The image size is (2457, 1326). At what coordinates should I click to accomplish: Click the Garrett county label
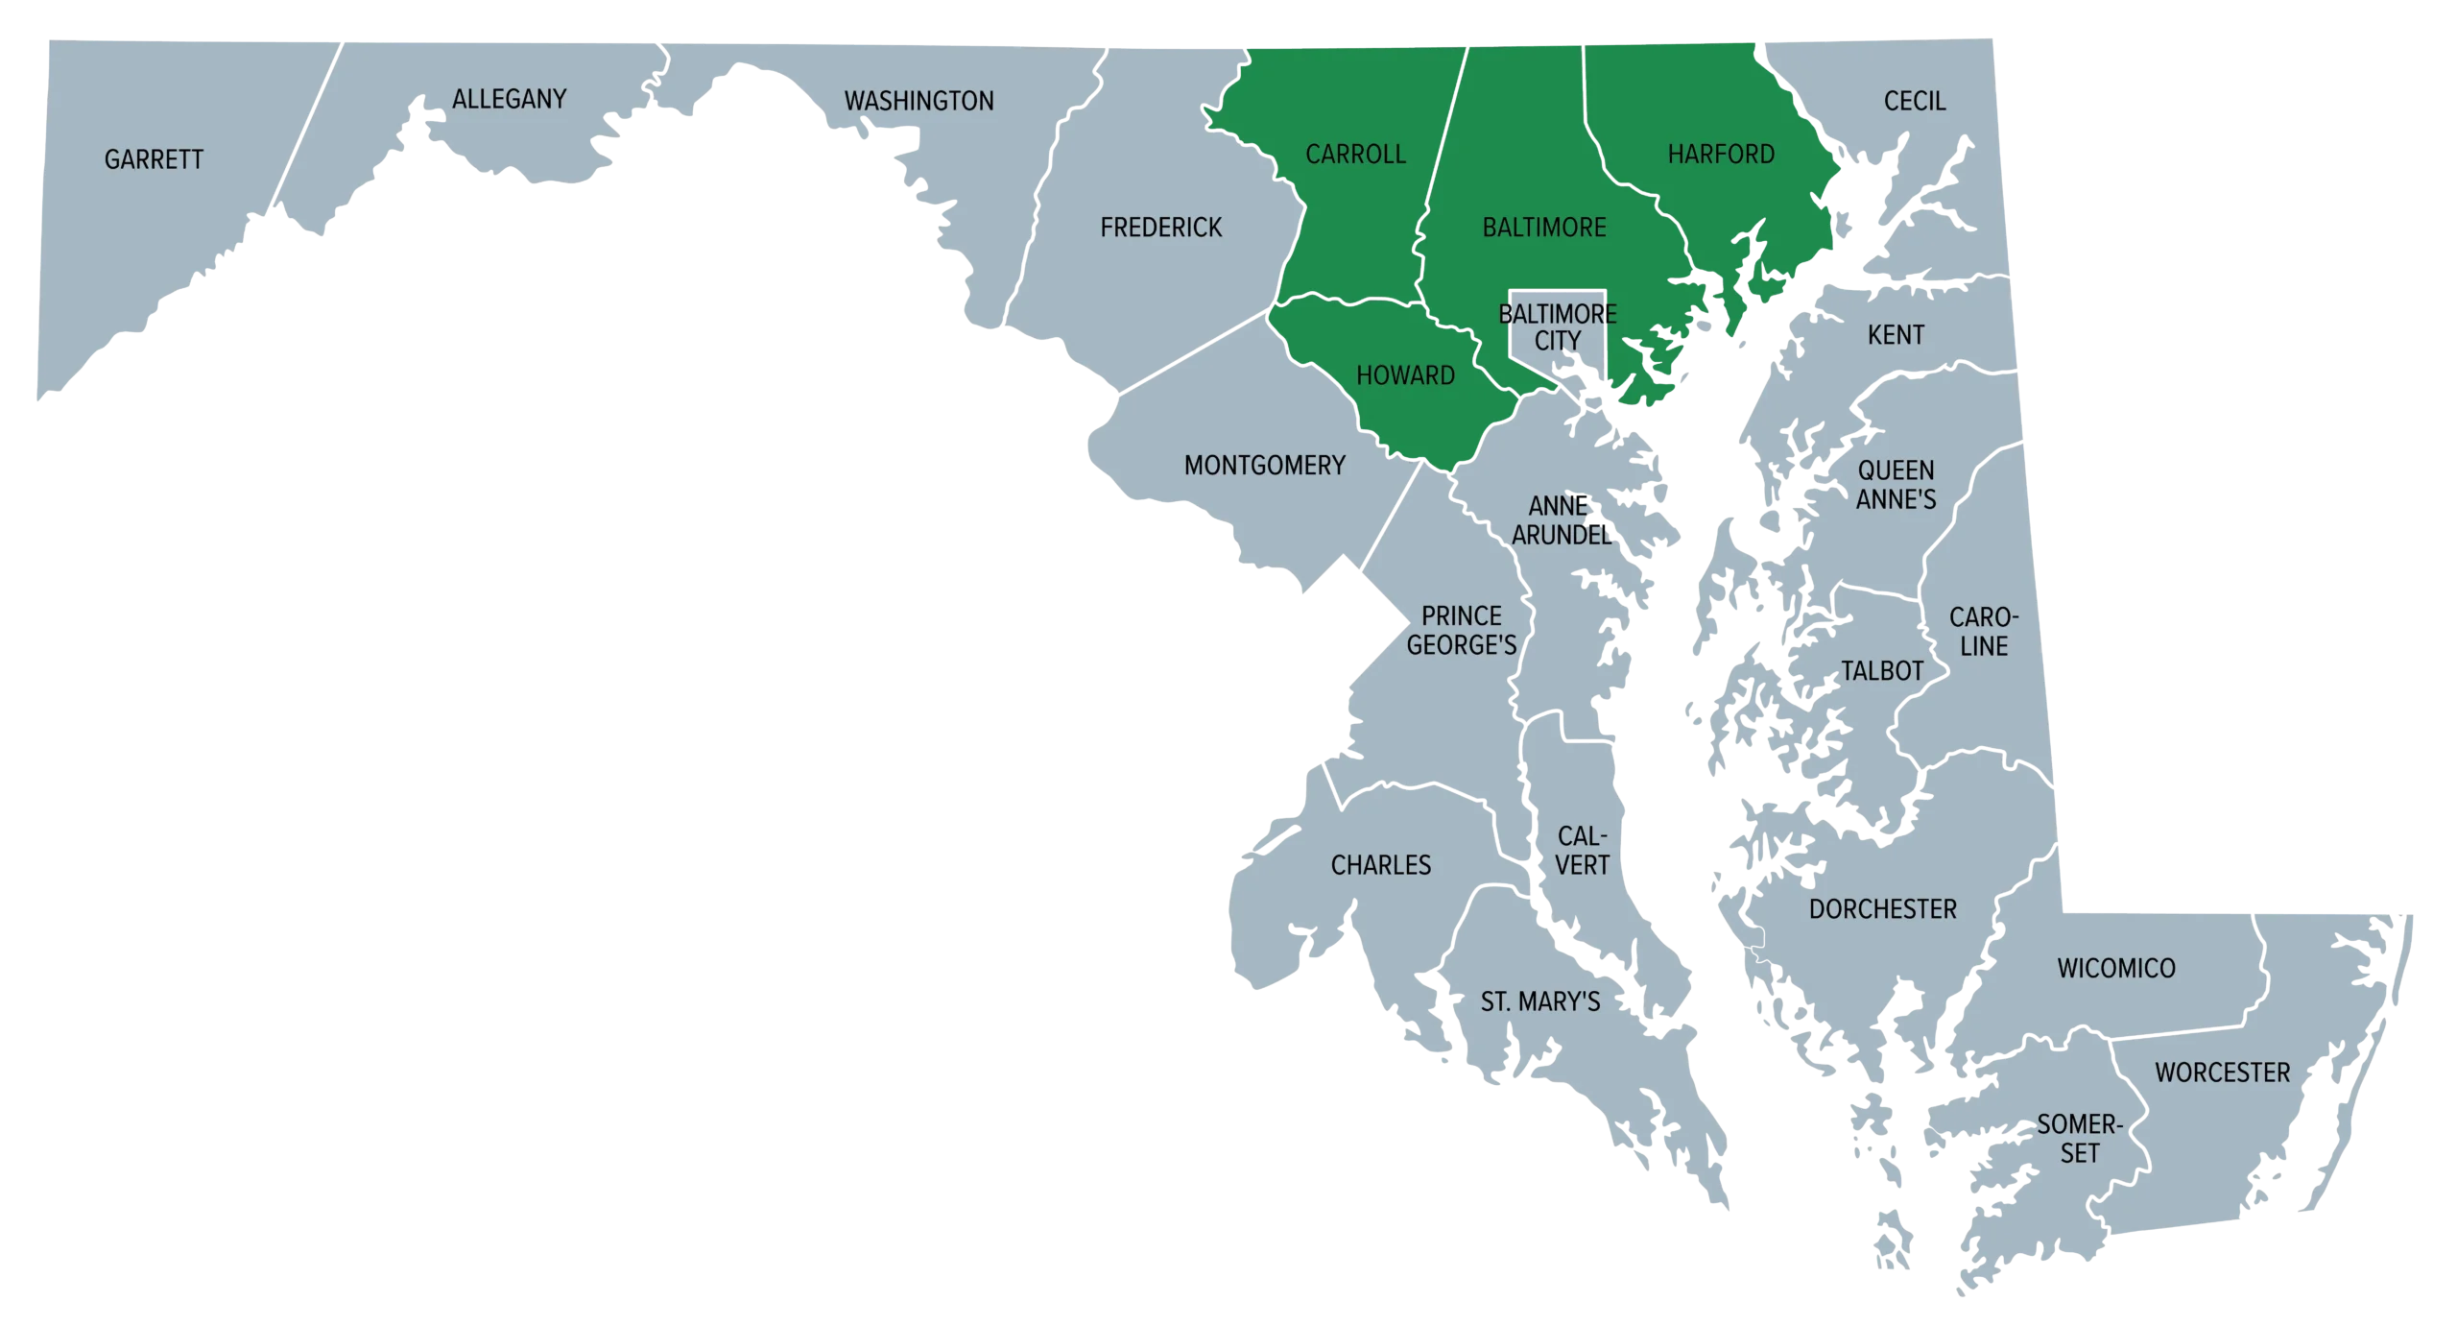(x=154, y=159)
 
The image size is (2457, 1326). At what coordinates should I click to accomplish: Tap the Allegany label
(x=509, y=99)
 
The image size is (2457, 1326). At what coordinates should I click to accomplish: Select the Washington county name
(x=918, y=101)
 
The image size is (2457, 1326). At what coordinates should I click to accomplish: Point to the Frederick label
(x=1160, y=228)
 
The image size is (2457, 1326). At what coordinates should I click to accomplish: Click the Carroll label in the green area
(x=1355, y=154)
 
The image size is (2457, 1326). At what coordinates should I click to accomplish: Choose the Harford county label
(x=1721, y=154)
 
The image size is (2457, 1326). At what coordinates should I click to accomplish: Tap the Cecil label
(x=1914, y=101)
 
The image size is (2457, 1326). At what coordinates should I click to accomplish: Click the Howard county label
(x=1405, y=374)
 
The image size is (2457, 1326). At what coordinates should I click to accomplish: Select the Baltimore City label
(x=1558, y=327)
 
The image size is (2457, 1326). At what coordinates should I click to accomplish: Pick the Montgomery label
(x=1264, y=466)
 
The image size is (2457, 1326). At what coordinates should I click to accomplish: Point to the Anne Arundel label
(x=1561, y=520)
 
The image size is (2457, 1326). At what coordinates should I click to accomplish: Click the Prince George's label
(x=1461, y=630)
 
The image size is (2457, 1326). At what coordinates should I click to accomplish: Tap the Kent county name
(x=1896, y=335)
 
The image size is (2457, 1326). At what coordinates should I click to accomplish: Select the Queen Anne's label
(x=1896, y=485)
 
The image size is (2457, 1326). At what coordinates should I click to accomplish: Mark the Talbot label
(x=1881, y=671)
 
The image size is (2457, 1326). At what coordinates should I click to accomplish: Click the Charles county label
(x=1380, y=865)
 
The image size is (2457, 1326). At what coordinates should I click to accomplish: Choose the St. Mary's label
(x=1539, y=1002)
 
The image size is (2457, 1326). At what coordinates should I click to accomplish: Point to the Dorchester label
(x=1882, y=909)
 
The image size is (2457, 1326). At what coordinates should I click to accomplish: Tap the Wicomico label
(x=2115, y=968)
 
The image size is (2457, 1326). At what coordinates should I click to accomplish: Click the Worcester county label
(x=2222, y=1073)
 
